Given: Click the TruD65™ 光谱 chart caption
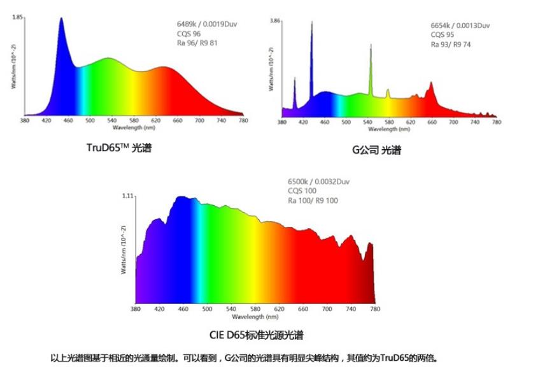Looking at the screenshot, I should (119, 148).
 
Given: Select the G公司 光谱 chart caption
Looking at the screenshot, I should (376, 151).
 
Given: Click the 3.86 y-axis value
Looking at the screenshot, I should (275, 21).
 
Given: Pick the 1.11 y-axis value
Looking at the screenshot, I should (127, 197).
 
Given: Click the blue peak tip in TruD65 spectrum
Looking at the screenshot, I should (61, 19).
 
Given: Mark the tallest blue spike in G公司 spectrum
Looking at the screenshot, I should (311, 23).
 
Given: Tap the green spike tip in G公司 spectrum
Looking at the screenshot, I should (371, 47).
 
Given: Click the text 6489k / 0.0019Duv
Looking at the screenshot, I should (202, 24).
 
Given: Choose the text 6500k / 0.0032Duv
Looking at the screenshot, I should (318, 181).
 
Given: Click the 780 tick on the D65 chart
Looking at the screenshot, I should (374, 309).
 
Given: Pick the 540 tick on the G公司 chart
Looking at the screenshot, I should (346, 121).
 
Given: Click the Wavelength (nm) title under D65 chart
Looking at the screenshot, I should (255, 316).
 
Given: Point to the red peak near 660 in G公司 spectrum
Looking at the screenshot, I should (431, 82).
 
